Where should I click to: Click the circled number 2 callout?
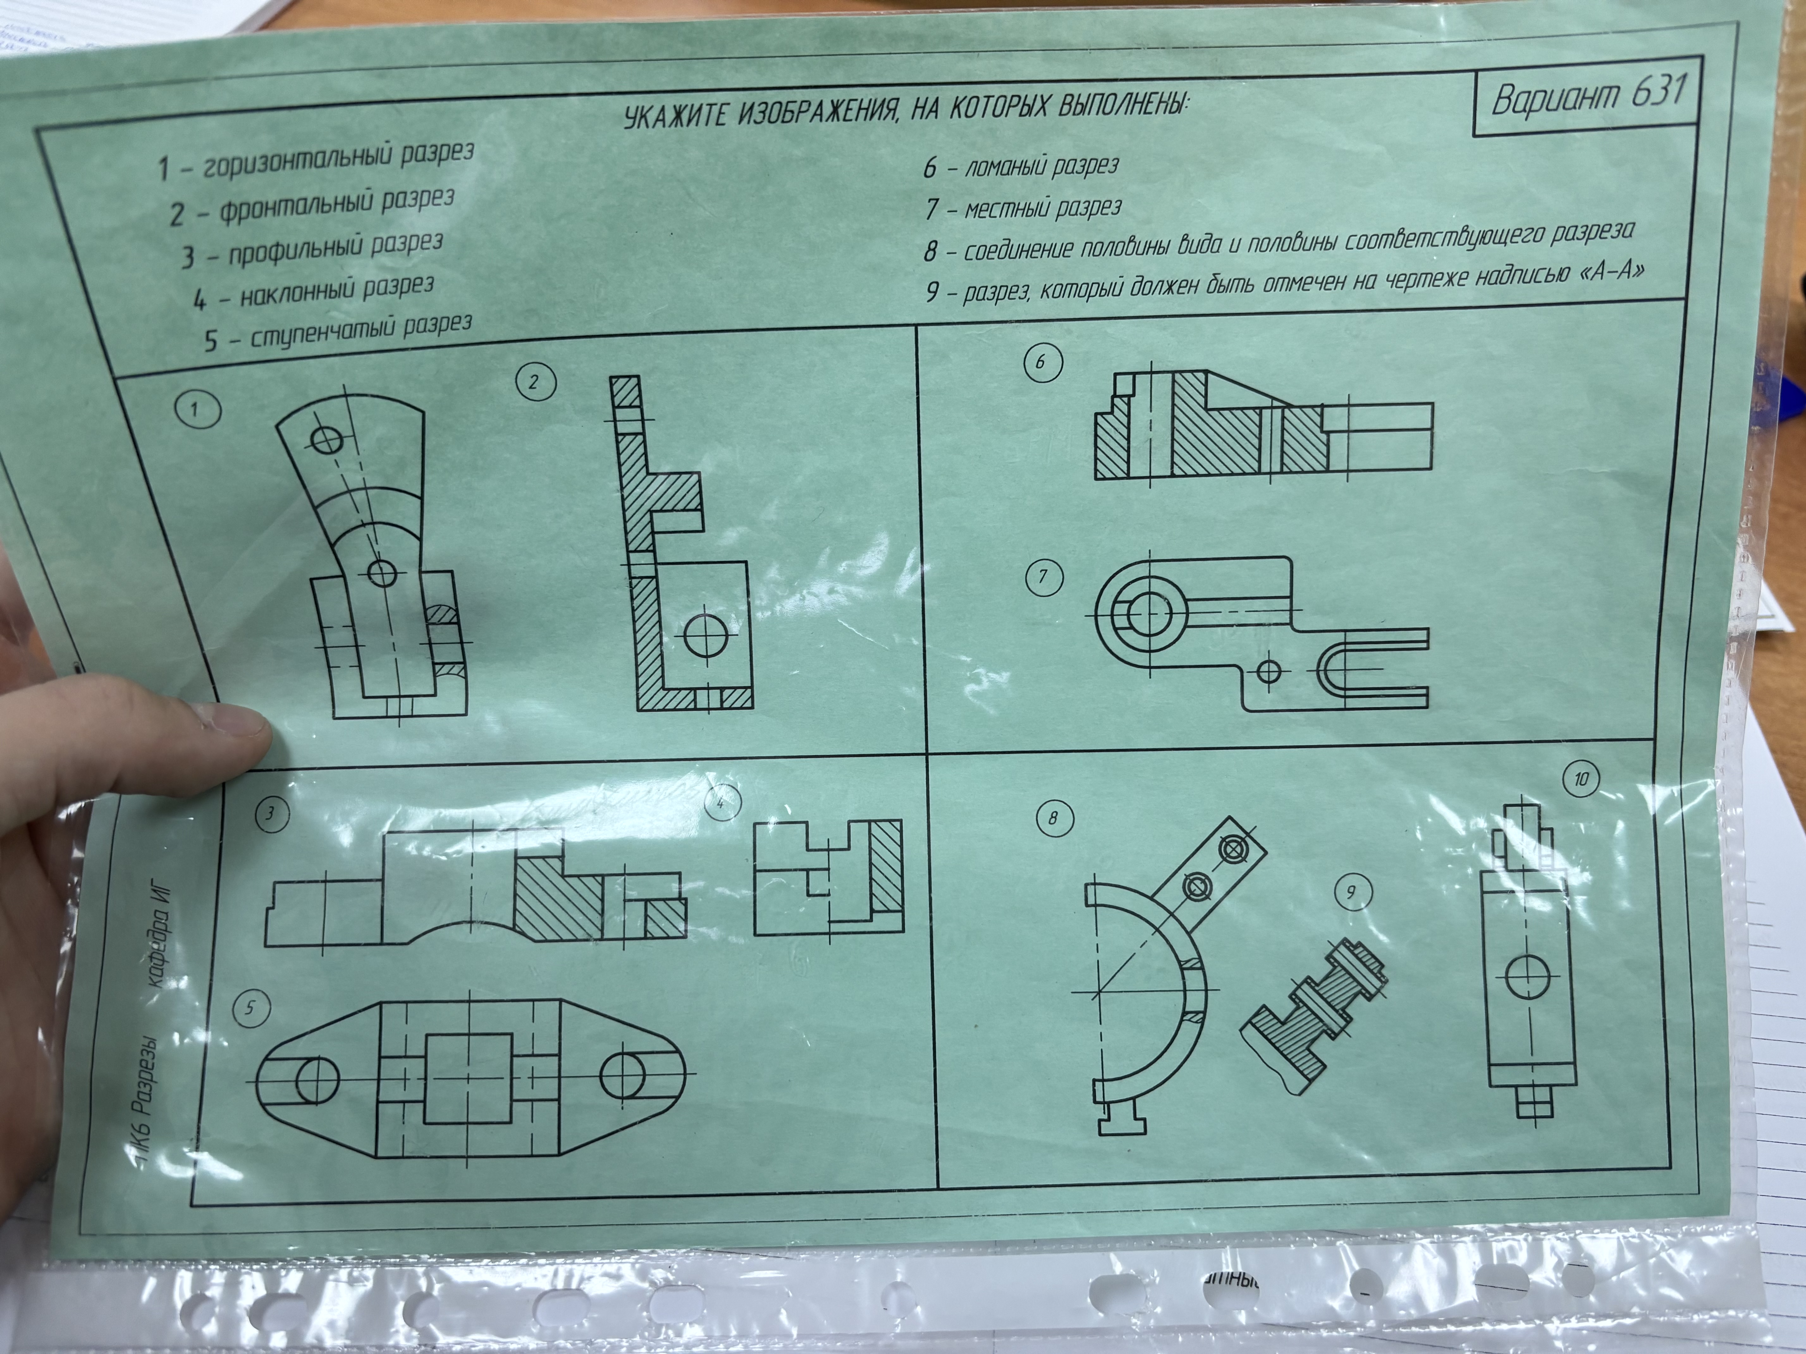click(x=536, y=382)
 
